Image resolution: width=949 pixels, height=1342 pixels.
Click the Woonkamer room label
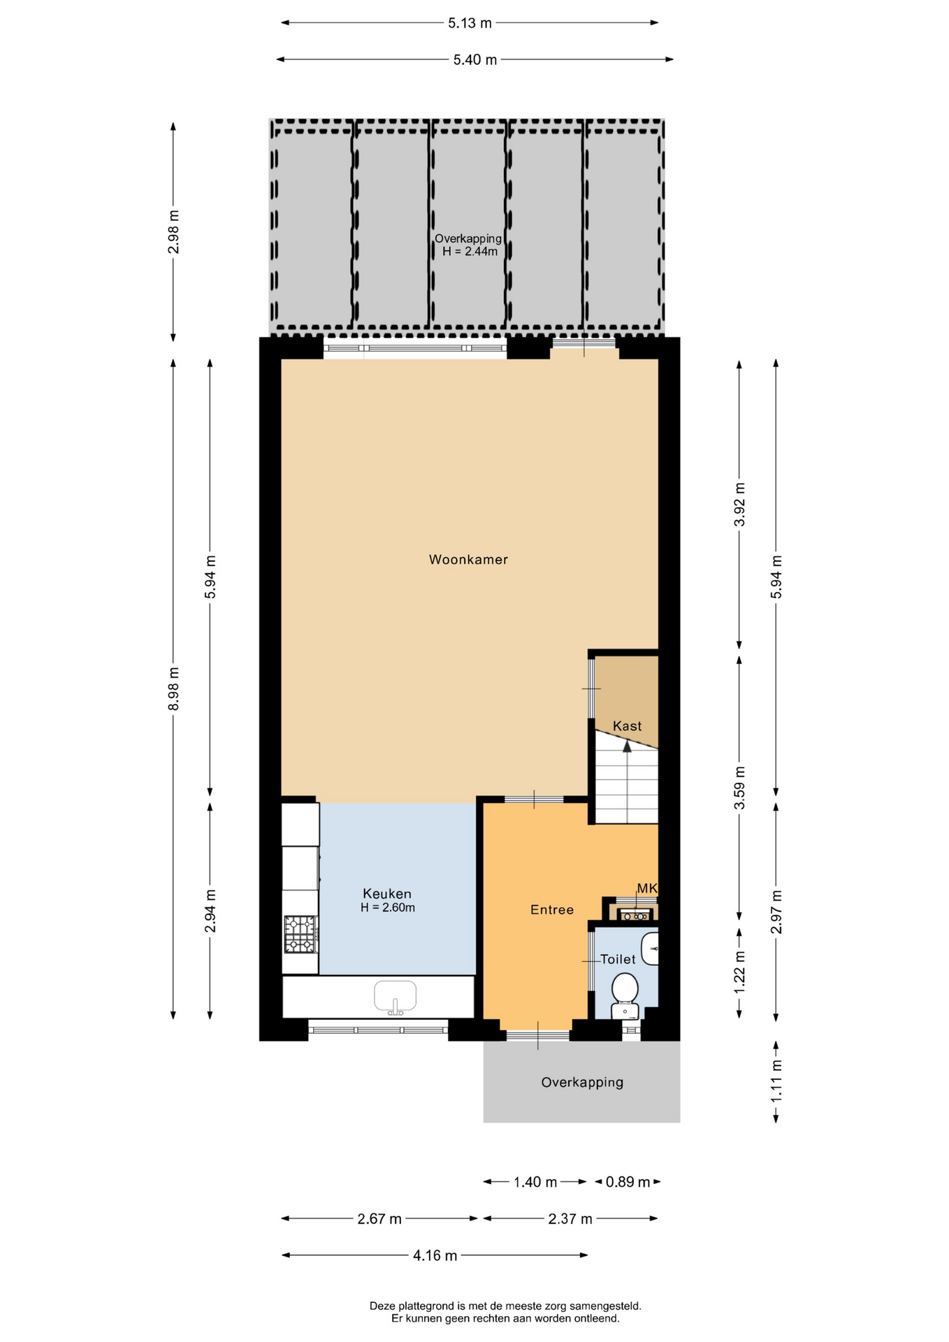[x=468, y=559]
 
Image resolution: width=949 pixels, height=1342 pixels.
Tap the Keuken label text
[x=387, y=893]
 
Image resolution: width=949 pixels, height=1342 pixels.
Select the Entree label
[x=552, y=909]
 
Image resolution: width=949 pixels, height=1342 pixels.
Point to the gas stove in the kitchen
[x=301, y=935]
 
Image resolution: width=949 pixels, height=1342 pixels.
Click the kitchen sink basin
[x=396, y=996]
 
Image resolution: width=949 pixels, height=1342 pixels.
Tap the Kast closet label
[x=627, y=726]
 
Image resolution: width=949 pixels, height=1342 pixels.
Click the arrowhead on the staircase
[x=627, y=746]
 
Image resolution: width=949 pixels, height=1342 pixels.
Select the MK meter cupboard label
[x=647, y=888]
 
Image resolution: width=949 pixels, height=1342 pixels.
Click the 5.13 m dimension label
[x=470, y=23]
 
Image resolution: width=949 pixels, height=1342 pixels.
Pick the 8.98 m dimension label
[x=174, y=688]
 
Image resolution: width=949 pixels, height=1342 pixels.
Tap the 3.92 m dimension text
[x=740, y=504]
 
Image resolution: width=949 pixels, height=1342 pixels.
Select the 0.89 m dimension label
[x=628, y=1182]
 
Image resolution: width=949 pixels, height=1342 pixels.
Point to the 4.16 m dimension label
[x=435, y=1255]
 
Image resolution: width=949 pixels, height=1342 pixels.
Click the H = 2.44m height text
[x=470, y=252]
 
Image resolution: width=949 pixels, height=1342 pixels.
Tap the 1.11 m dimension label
[x=776, y=1082]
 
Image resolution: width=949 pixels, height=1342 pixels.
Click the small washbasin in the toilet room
[x=651, y=948]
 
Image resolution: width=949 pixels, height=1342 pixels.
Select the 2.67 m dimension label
[x=379, y=1219]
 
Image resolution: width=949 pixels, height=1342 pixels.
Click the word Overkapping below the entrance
[x=582, y=1082]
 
